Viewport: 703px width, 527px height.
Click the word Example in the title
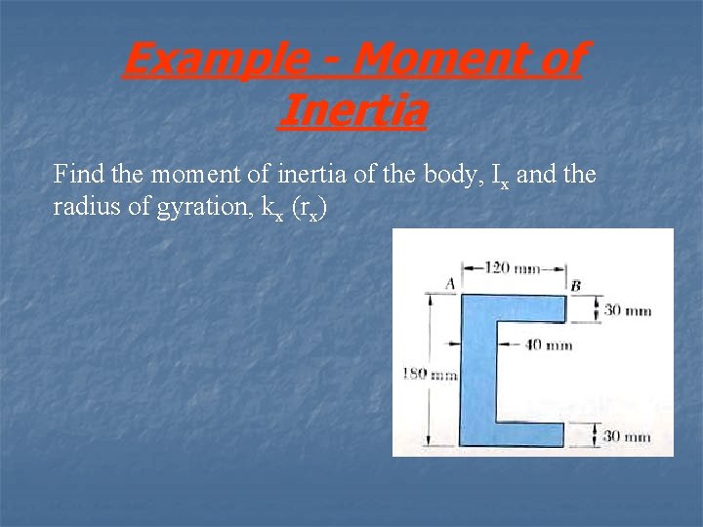[x=200, y=61]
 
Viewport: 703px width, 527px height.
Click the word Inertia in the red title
[x=351, y=109]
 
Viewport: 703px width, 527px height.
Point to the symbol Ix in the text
[x=499, y=177]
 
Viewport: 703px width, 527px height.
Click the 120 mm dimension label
[x=514, y=267]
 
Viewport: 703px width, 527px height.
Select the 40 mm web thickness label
[x=550, y=345]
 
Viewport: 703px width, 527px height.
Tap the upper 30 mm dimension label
[x=627, y=310]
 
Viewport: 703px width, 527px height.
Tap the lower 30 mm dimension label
[x=627, y=436]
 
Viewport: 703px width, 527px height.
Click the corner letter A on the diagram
[x=450, y=283]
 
